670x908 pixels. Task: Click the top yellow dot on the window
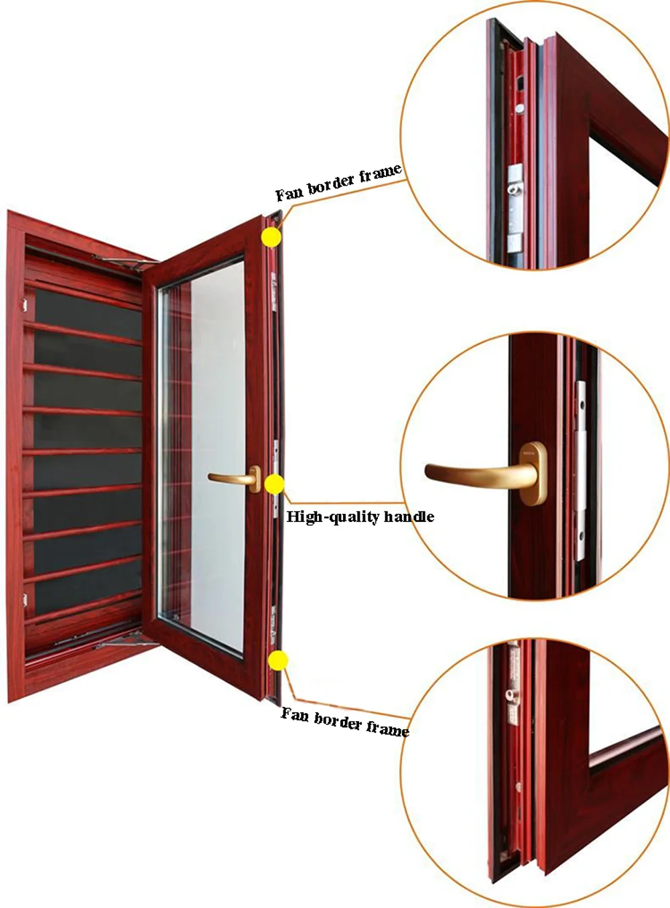(x=271, y=237)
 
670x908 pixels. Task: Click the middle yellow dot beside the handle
(x=275, y=484)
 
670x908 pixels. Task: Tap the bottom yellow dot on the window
(x=277, y=661)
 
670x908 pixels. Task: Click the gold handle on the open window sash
(x=235, y=478)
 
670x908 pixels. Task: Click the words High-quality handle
(x=360, y=517)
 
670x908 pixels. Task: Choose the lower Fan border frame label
(x=344, y=722)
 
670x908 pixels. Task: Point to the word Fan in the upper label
(x=289, y=194)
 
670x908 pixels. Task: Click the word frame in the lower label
(x=387, y=728)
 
